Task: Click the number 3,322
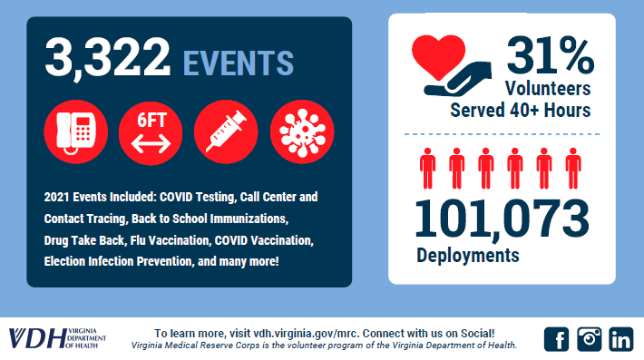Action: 107,57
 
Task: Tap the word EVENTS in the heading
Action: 239,63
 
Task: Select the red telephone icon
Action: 76,131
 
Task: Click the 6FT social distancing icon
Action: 151,132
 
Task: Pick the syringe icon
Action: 226,131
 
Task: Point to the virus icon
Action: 302,131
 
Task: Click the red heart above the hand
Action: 439,56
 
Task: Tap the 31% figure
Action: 551,55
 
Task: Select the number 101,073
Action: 502,219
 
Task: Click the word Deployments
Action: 468,256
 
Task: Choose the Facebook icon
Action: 557,339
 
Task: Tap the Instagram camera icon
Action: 590,339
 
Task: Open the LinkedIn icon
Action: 621,339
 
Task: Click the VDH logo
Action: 57,338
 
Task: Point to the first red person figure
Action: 427,169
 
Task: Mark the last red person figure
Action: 573,169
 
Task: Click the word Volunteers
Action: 548,88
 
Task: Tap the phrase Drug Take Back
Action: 84,240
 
